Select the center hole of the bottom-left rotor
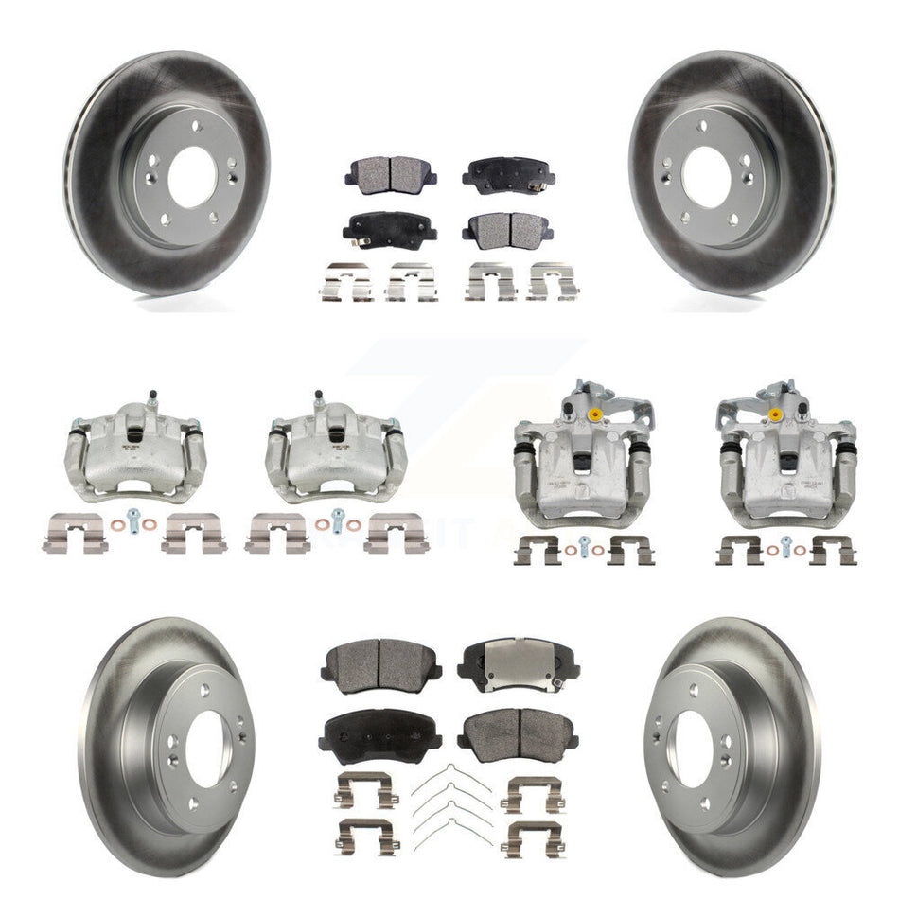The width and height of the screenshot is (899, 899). tap(207, 748)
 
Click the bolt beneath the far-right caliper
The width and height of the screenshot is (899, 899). tap(785, 544)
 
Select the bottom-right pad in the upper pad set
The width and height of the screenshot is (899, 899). tap(506, 228)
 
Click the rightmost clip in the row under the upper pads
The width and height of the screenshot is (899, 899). tap(553, 281)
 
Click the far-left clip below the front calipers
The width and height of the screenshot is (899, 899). tap(74, 533)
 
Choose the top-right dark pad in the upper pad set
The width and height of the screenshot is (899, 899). tap(508, 173)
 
